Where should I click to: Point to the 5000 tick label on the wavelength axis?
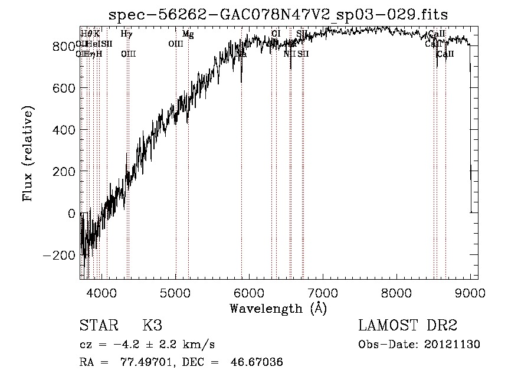176,293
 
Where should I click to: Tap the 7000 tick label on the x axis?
323,293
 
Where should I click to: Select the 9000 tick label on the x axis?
470,293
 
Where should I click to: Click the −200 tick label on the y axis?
59,255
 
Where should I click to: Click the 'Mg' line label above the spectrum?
188,34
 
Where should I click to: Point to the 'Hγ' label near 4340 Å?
126,34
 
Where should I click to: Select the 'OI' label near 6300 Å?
276,34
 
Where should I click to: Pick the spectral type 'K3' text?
152,326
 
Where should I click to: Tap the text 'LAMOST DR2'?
408,326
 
